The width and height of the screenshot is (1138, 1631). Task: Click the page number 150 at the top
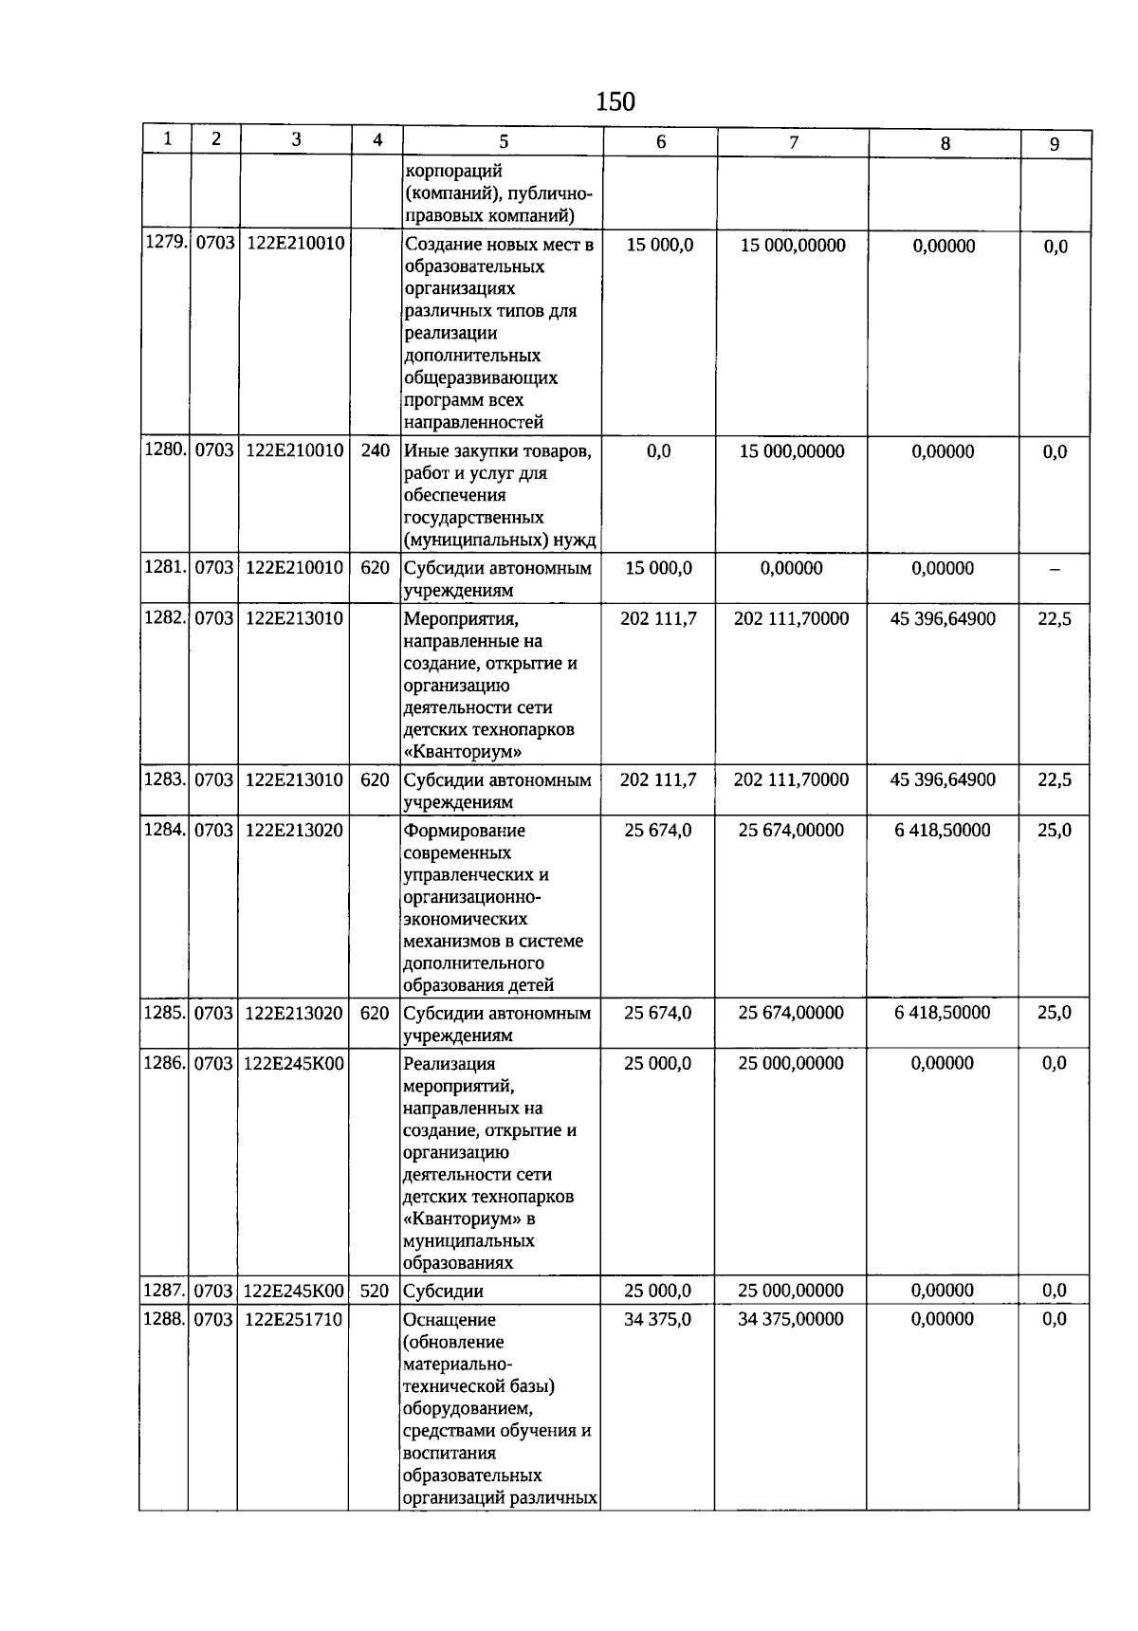tap(615, 101)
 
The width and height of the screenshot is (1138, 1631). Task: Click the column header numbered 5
tap(504, 142)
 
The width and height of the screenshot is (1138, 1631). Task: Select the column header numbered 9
tap(1055, 144)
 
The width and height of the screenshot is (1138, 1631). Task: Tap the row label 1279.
tap(165, 244)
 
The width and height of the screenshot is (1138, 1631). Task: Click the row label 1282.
tap(165, 617)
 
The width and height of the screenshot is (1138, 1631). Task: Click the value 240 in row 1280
tap(376, 450)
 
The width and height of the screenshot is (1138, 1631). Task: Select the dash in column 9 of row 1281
tap(1055, 570)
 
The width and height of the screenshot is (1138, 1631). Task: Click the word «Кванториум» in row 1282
tap(465, 752)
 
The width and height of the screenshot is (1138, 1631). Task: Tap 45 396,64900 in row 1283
tap(944, 779)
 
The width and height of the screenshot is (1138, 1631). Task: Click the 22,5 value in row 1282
tap(1055, 619)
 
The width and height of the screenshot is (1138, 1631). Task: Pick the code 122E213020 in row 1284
tap(294, 830)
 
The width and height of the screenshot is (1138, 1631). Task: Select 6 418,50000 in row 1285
tap(943, 1013)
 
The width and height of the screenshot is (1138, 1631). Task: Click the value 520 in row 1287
tap(375, 1291)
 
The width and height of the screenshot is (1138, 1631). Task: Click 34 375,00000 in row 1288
tap(791, 1319)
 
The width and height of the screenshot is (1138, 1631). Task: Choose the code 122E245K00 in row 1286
tap(293, 1064)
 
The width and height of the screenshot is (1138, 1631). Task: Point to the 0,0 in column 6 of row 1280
tap(659, 451)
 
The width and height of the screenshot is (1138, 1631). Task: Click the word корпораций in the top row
tap(453, 172)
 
